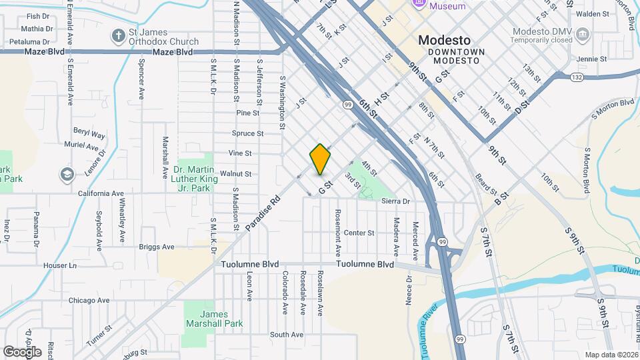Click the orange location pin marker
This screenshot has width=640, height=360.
click(320, 159)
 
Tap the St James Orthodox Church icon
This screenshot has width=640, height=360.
click(118, 35)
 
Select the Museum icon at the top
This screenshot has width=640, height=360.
click(419, 5)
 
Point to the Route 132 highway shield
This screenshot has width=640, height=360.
click(577, 78)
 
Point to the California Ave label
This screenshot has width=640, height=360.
click(101, 193)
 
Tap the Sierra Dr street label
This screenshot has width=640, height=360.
click(396, 201)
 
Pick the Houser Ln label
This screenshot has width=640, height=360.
click(60, 265)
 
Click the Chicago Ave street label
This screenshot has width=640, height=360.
click(88, 300)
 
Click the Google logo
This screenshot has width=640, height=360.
click(22, 351)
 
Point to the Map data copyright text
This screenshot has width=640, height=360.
click(611, 354)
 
